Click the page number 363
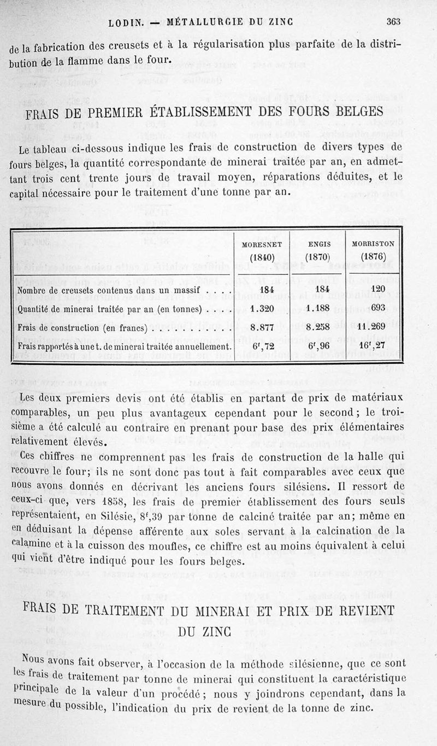pyautogui.click(x=393, y=22)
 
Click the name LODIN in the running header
pyautogui.click(x=126, y=22)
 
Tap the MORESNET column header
pyautogui.click(x=261, y=244)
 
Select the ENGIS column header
pyautogui.click(x=317, y=244)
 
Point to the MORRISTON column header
pyautogui.click(x=374, y=244)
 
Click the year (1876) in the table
pyautogui.click(x=374, y=257)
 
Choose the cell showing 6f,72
pyautogui.click(x=261, y=346)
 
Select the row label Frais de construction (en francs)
pyautogui.click(x=82, y=328)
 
